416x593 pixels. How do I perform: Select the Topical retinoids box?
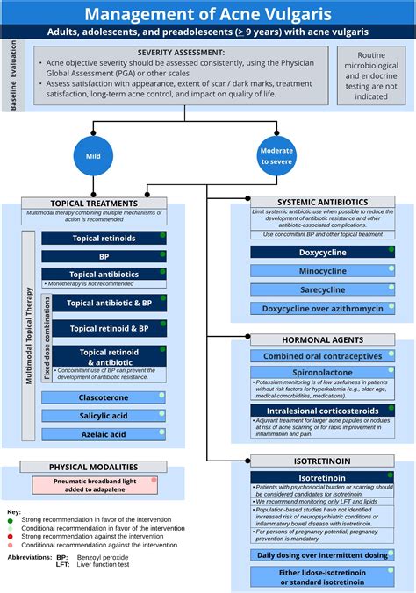104,238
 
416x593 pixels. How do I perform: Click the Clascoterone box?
104,397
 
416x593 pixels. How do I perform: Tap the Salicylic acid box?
104,416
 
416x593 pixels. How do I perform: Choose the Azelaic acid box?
104,434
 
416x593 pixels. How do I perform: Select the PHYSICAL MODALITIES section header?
92,468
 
